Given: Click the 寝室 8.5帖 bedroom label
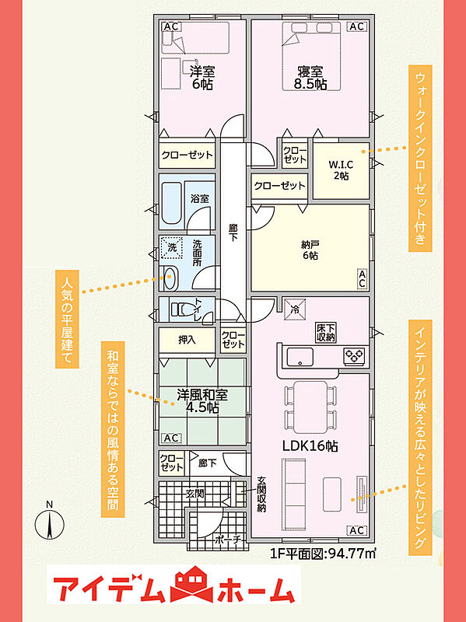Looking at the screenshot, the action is [310, 77].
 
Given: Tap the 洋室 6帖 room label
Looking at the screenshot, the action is [202, 77].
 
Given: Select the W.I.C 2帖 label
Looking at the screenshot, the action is [341, 169].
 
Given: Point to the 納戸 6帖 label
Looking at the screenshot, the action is [310, 250].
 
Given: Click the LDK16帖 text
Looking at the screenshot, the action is [310, 446].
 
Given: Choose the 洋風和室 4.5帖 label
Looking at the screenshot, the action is [202, 400].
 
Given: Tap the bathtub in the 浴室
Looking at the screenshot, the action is [171, 203].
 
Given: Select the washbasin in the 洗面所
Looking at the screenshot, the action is [170, 278].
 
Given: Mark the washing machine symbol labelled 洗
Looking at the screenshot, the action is [171, 248].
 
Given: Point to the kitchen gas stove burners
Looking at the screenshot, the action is [354, 356].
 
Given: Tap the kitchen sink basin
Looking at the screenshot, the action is [300, 357].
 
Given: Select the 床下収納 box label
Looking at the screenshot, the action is [326, 333].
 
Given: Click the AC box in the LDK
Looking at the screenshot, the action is [357, 530].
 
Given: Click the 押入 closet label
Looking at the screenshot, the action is [186, 340].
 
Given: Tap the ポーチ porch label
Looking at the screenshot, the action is [228, 540].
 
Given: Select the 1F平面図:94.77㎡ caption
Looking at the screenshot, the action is [323, 554].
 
